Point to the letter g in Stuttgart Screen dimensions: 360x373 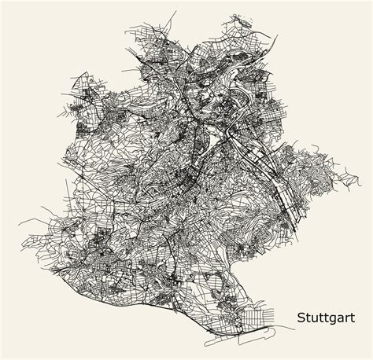point(329,320)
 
